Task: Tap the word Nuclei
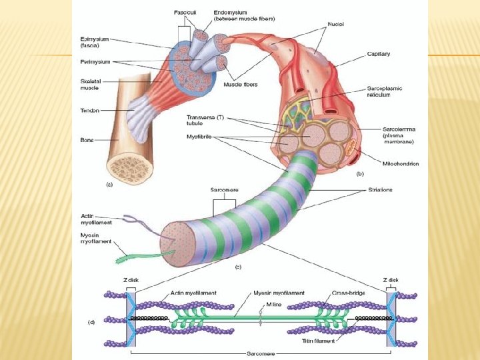(x=335, y=23)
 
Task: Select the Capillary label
(x=379, y=53)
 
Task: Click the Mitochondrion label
(x=401, y=163)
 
